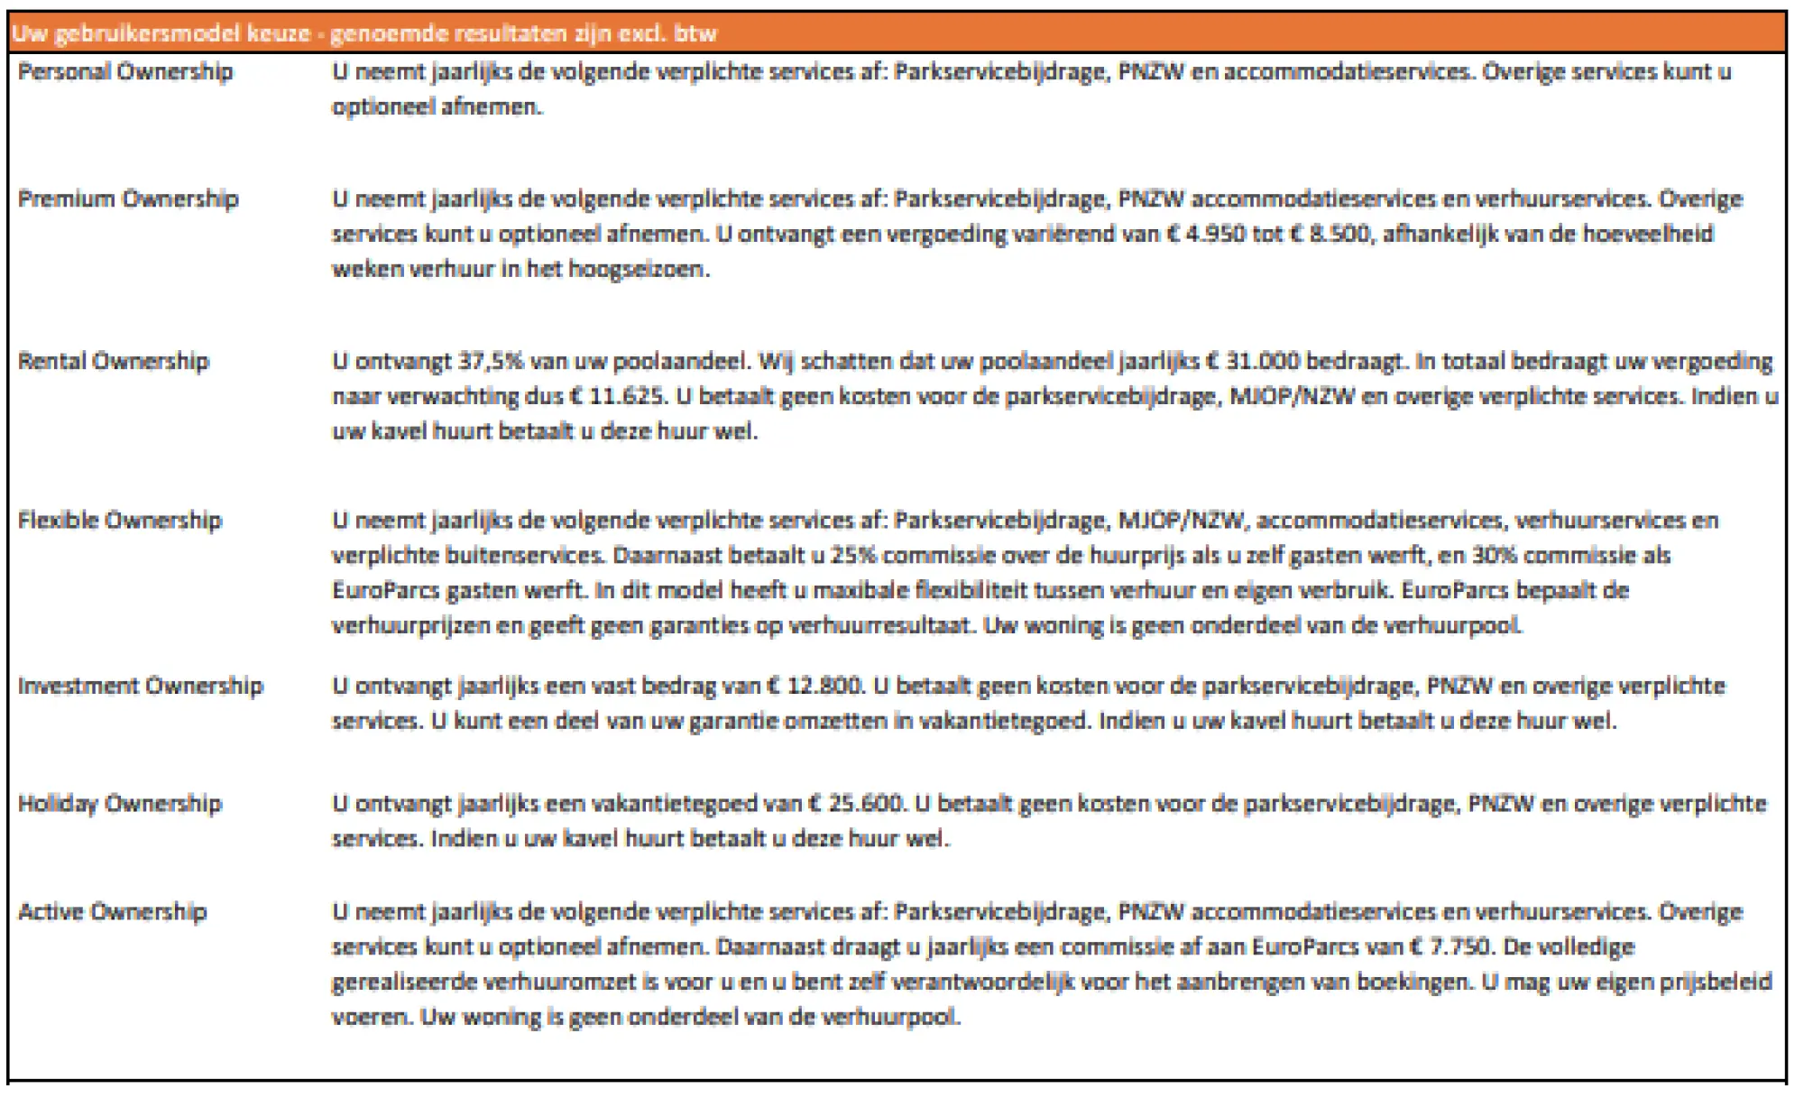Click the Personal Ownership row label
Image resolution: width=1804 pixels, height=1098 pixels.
point(125,72)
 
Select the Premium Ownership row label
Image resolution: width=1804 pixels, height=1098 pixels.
point(128,199)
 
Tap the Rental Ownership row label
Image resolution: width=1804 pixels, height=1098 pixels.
point(114,362)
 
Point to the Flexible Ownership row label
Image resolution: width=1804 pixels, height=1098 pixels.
point(120,521)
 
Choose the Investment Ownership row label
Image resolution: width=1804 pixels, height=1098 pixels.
point(141,686)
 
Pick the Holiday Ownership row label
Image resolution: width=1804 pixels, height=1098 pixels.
point(120,804)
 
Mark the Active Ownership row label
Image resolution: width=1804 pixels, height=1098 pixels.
point(113,912)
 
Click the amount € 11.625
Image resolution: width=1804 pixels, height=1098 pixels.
point(618,397)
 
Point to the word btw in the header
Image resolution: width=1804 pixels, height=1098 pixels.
point(695,34)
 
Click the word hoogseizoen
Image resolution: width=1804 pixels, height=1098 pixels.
point(639,270)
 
